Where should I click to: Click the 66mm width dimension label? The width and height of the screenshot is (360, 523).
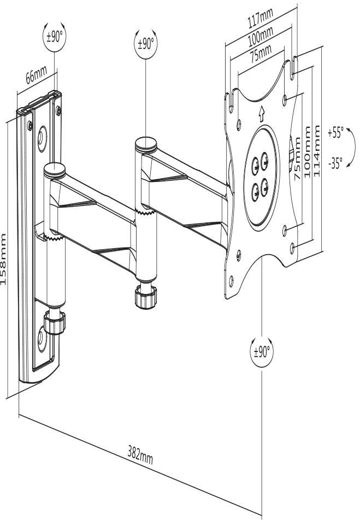36,75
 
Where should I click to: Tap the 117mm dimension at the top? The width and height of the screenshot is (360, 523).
261,20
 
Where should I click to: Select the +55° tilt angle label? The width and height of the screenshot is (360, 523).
335,132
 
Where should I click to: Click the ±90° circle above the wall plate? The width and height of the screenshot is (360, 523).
52,37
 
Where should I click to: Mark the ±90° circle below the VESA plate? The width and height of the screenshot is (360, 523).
262,350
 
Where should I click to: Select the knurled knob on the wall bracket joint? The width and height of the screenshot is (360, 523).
57,324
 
